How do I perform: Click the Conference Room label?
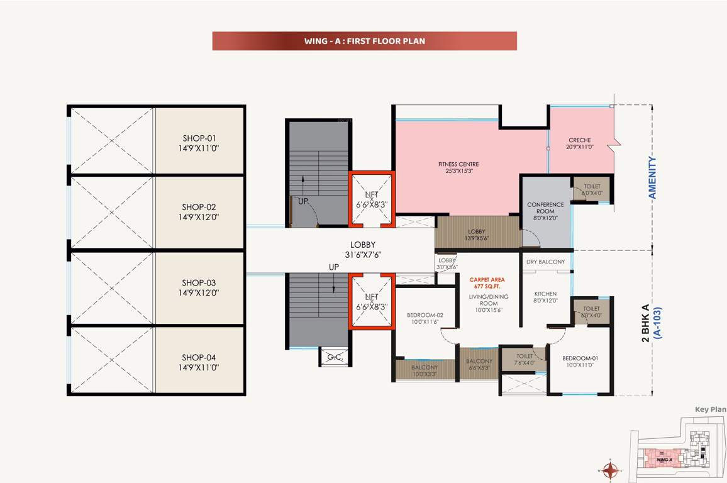pos(545,211)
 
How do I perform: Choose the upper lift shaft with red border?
pos(372,199)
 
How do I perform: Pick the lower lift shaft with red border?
pos(372,301)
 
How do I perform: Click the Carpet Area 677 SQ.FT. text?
pos(487,281)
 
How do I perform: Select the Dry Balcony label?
pos(545,262)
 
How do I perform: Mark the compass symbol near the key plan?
pos(610,470)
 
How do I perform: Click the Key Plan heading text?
pos(710,409)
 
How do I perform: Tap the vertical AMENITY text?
pos(652,178)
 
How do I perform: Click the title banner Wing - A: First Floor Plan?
pos(365,41)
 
